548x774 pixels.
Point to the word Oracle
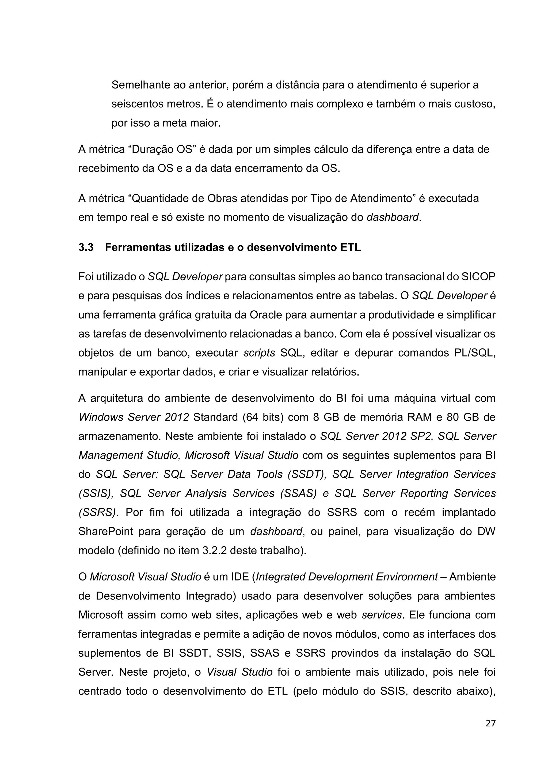click(265, 315)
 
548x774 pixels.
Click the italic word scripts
click(259, 353)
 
